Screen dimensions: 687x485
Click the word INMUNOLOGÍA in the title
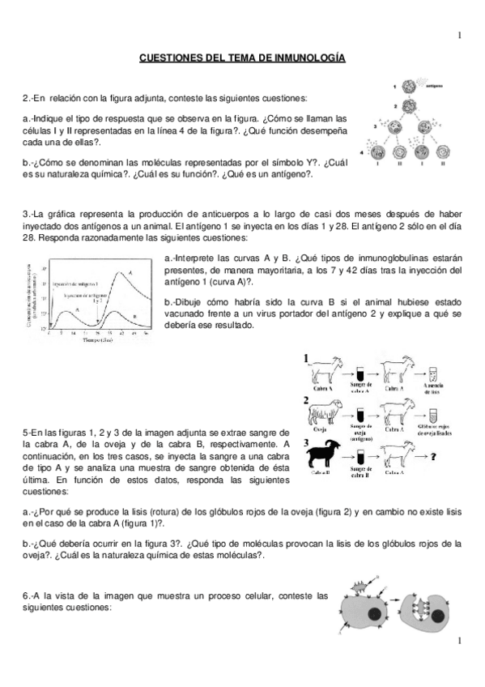tap(304, 58)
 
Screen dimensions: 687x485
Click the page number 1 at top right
tap(459, 35)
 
